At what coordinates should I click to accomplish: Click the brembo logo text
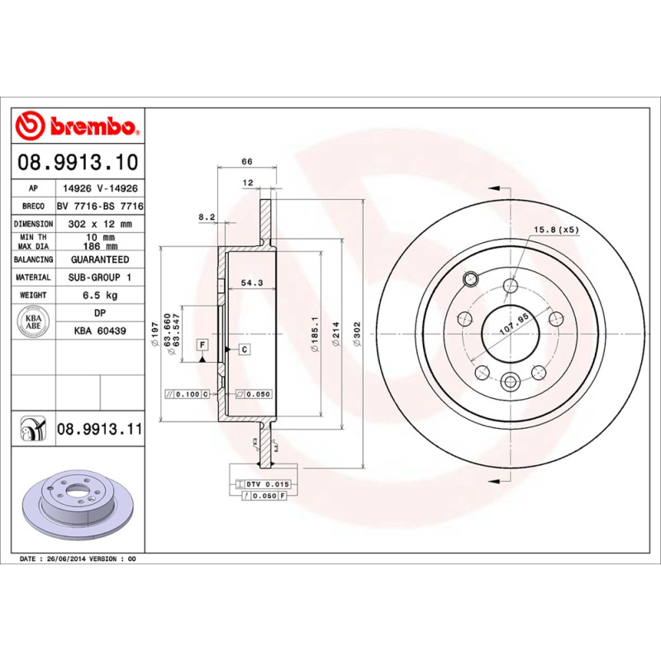click(91, 126)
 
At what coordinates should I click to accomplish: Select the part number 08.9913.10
click(78, 163)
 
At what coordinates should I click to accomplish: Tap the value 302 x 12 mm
click(100, 224)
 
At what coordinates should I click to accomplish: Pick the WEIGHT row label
click(33, 295)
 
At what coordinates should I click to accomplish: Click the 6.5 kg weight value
click(100, 295)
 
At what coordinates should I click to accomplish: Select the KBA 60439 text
click(100, 331)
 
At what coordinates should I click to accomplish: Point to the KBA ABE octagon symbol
click(34, 321)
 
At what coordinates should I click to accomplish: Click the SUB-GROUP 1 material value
click(100, 278)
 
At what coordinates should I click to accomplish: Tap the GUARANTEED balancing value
click(100, 259)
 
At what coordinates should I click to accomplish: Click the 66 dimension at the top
click(246, 161)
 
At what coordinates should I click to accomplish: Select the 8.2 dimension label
click(207, 217)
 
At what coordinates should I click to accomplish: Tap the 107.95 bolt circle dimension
click(513, 324)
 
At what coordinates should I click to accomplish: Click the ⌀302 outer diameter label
click(357, 335)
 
